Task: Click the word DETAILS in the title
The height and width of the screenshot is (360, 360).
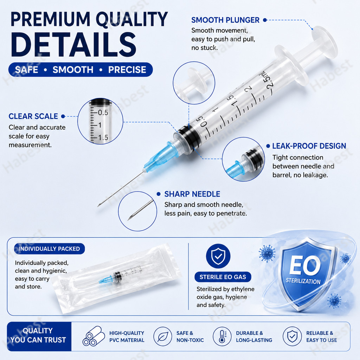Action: [73, 45]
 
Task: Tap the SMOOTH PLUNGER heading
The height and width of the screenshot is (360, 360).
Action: [225, 20]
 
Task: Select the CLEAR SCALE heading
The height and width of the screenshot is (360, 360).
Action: [33, 116]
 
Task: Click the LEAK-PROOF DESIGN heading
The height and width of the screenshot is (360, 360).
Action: [309, 146]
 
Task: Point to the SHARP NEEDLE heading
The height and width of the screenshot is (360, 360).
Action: [192, 194]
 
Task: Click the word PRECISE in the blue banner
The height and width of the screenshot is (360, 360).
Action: [127, 70]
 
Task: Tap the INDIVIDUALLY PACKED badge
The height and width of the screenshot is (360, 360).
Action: [49, 249]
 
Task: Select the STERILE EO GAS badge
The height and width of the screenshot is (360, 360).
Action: [223, 277]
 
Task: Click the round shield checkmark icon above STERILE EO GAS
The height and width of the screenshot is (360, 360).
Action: [218, 256]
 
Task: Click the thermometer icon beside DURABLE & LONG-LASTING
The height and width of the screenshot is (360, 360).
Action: [222, 336]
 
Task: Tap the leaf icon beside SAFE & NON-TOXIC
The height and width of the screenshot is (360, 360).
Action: [163, 336]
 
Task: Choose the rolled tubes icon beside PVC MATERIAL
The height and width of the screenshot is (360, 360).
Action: [94, 336]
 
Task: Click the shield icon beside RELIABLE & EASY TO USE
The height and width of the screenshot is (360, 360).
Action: [292, 336]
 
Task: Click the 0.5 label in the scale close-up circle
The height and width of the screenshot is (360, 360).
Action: [103, 112]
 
